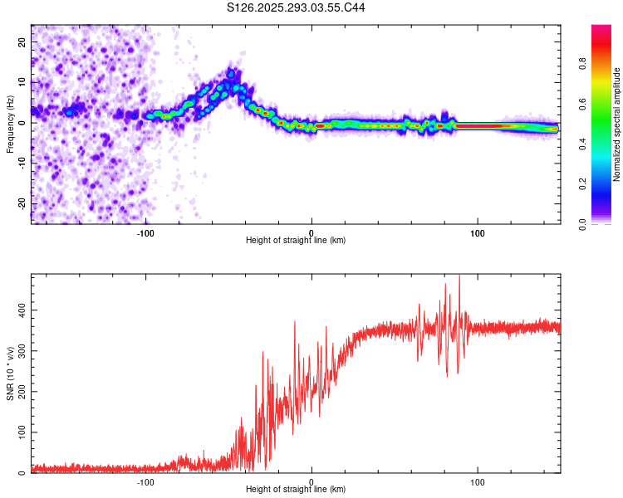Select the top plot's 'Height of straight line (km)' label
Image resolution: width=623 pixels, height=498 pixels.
pyautogui.click(x=296, y=240)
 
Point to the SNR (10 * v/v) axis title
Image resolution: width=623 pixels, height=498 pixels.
pyautogui.click(x=11, y=373)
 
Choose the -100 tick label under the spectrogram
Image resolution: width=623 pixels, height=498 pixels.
pyautogui.click(x=145, y=232)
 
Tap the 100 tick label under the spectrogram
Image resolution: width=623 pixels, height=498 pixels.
pyautogui.click(x=478, y=232)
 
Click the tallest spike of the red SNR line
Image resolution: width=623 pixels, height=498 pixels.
pyautogui.click(x=459, y=276)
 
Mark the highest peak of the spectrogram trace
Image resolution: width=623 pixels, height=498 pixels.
pyautogui.click(x=232, y=72)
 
